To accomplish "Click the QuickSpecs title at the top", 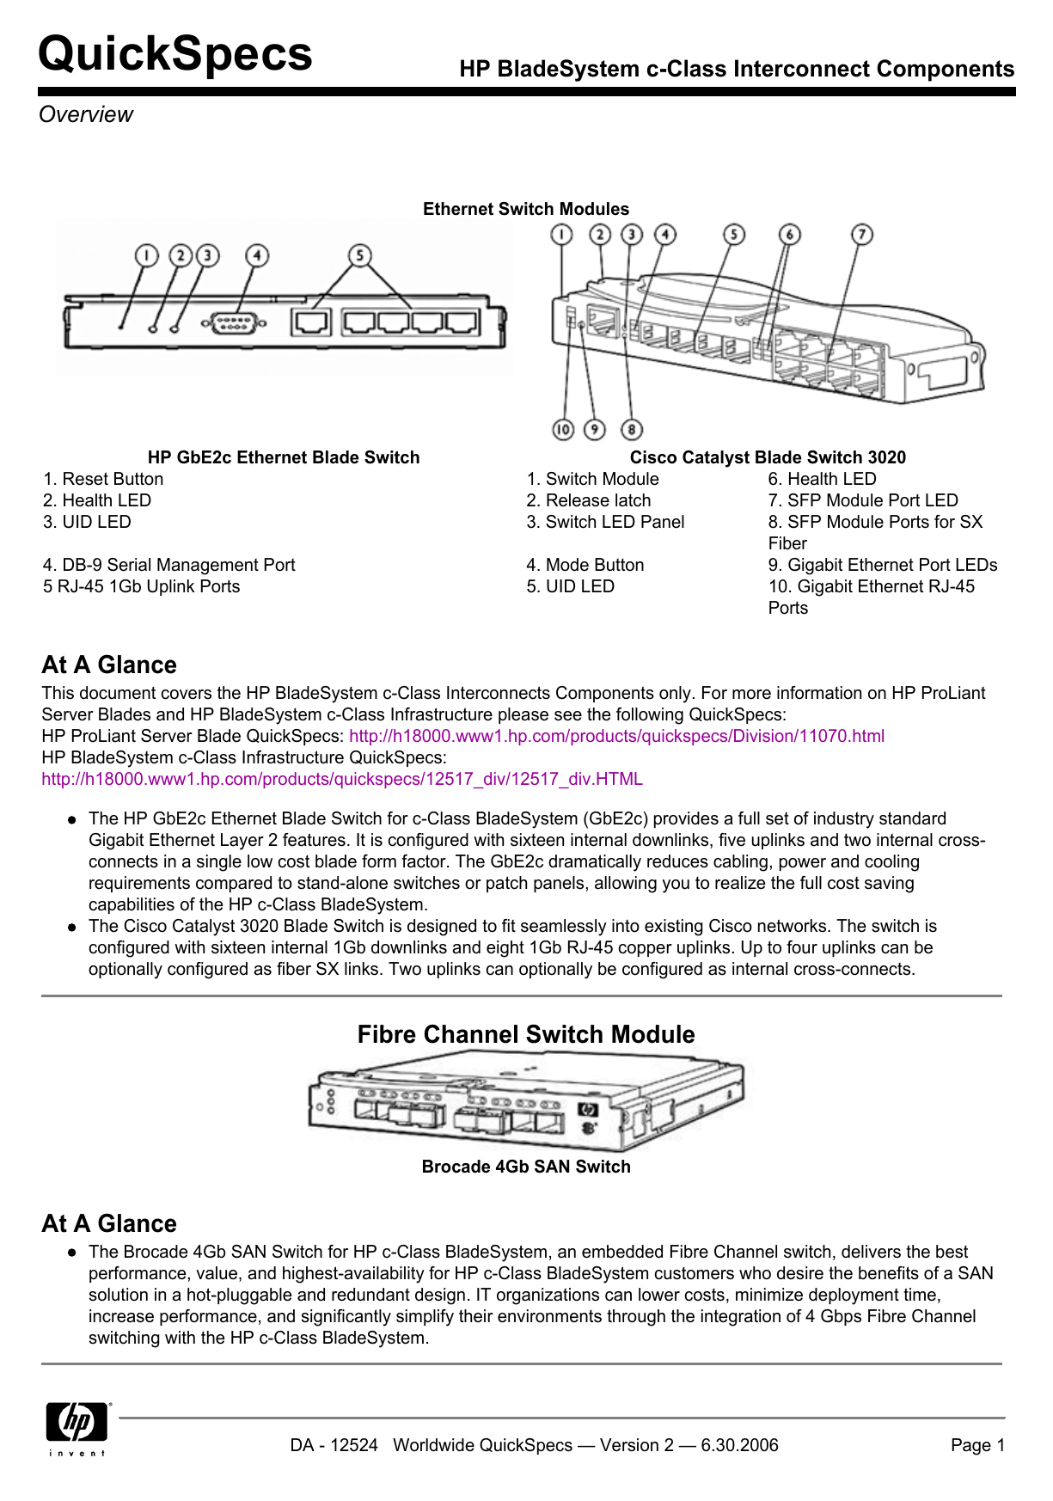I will pos(175,54).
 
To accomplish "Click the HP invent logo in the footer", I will pos(77,1427).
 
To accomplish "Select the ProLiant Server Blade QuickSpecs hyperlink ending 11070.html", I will pos(616,737).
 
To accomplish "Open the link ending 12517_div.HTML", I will pos(342,780).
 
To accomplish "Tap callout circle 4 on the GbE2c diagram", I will pos(257,255).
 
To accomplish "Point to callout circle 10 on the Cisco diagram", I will pos(563,429).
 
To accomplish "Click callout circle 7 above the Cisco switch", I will pos(861,235).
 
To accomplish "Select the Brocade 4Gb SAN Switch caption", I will pos(526,1167).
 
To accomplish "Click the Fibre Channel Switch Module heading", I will pos(526,1034).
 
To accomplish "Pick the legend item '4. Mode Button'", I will pos(585,565).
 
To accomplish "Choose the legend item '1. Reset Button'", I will pos(103,479).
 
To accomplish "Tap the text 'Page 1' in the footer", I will pos(977,1445).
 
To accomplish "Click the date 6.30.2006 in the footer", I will pos(739,1445).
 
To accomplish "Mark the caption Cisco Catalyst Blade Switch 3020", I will pos(768,457).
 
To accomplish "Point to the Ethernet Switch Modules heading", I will pos(526,209).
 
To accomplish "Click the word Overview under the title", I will pos(86,114).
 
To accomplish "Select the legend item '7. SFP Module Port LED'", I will pos(863,500).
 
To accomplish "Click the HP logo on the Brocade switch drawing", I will pos(588,1110).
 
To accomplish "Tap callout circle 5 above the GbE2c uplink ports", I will pos(360,255).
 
